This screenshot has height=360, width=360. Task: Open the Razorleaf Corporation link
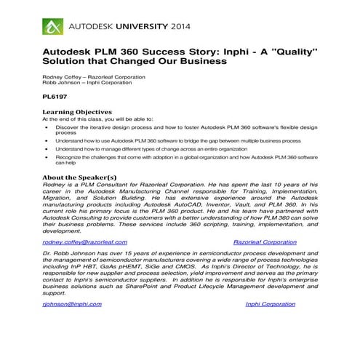pyautogui.click(x=265, y=241)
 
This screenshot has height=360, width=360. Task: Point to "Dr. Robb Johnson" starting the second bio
pyautogui.click(x=70, y=254)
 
